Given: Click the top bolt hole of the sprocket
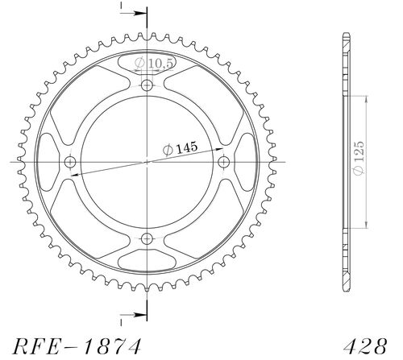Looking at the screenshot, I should pos(147,85).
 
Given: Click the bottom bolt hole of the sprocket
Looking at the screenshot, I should pos(147,238).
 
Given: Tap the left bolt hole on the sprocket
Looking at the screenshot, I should pos(70,162).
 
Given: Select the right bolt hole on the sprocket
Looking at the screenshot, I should pos(223,162).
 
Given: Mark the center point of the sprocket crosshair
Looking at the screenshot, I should pos(147,162).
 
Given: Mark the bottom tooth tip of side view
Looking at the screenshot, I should pos(346,289).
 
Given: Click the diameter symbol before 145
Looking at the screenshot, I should pos(166,149).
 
